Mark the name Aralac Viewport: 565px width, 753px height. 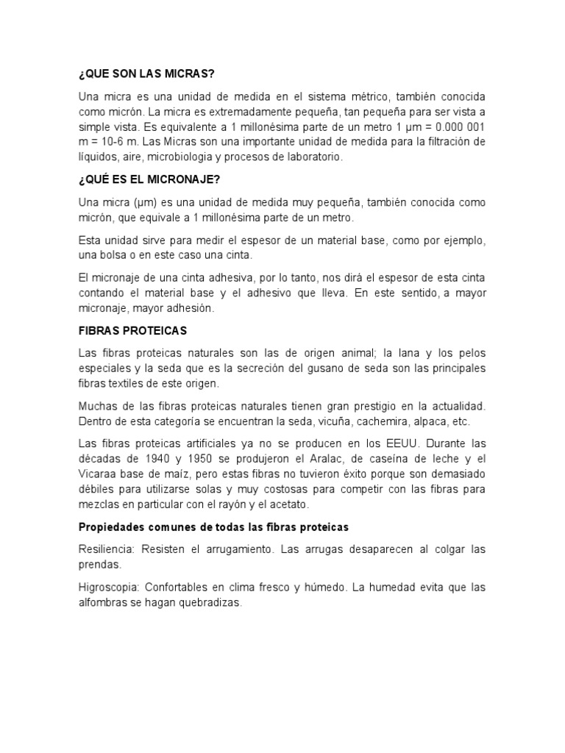(319, 458)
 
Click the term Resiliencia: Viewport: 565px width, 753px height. (108, 549)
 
